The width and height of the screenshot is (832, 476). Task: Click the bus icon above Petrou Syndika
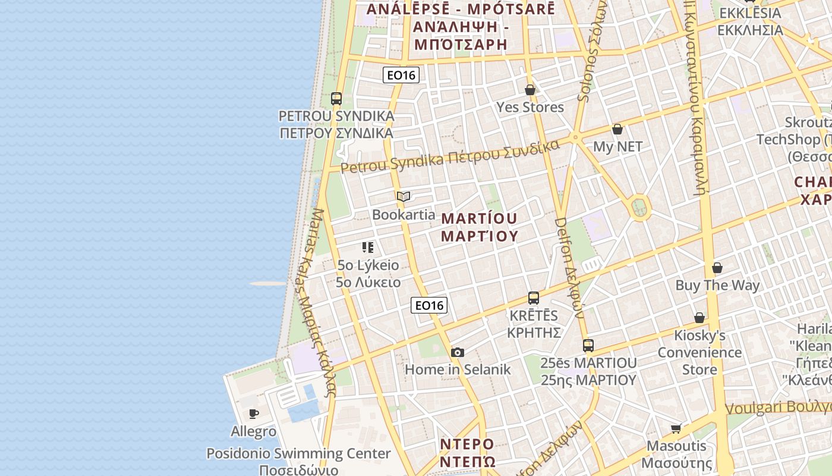(336, 98)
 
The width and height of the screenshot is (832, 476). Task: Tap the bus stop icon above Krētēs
(534, 298)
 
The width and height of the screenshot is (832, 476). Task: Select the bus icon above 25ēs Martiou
(588, 345)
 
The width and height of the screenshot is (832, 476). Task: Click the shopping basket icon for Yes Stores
(530, 90)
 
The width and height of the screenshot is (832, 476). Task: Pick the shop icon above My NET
(617, 129)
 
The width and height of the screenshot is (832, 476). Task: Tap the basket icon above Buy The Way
(717, 268)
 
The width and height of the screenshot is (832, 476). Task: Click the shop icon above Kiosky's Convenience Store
(699, 318)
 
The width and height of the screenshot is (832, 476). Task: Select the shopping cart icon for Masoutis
(676, 428)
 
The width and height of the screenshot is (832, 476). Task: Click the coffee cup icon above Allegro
(254, 414)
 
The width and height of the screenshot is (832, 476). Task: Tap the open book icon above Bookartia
(404, 196)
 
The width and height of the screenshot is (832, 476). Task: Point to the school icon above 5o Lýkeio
(368, 247)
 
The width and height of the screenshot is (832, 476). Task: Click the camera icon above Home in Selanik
(457, 352)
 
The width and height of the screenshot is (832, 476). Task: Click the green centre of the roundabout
(639, 208)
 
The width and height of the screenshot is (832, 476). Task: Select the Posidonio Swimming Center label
(298, 453)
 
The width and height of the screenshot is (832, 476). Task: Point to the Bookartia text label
(404, 214)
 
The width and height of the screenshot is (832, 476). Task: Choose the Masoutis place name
(676, 446)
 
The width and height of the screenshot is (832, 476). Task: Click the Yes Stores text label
(530, 107)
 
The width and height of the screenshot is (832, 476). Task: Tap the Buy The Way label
(717, 285)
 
